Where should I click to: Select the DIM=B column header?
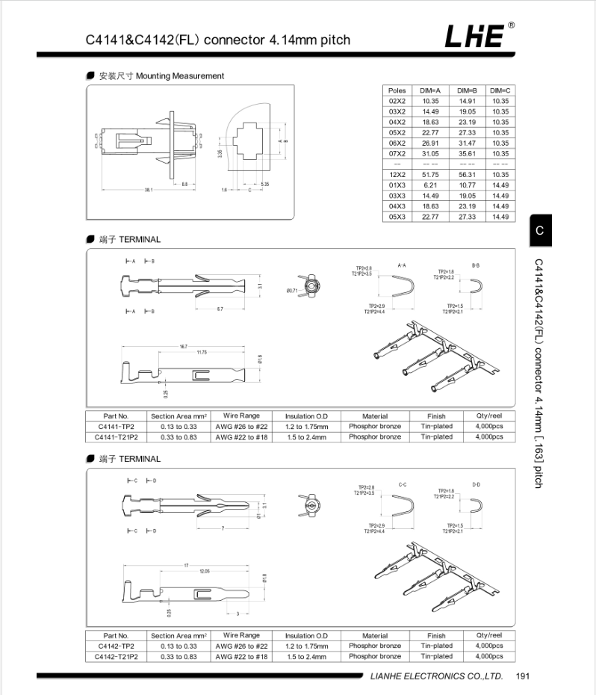(x=467, y=90)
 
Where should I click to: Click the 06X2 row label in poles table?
(x=397, y=143)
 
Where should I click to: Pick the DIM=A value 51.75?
(x=430, y=174)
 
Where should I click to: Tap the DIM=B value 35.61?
(x=467, y=153)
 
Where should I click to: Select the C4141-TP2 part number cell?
(x=116, y=426)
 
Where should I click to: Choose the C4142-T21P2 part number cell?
(x=116, y=656)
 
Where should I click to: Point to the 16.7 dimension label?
(x=184, y=347)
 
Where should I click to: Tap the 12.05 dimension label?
(x=205, y=571)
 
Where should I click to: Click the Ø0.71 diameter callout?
(x=293, y=290)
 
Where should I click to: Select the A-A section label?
(x=402, y=265)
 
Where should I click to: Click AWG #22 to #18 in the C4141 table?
(x=241, y=436)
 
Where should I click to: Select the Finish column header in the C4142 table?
(x=436, y=635)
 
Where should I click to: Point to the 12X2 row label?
(x=397, y=174)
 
